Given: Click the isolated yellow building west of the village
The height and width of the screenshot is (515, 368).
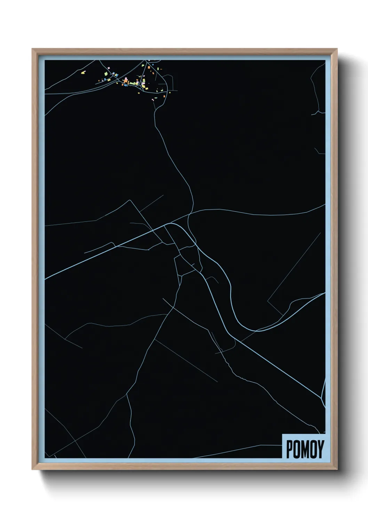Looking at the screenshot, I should (83, 73).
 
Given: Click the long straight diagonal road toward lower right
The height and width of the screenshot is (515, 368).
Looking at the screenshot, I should (278, 365).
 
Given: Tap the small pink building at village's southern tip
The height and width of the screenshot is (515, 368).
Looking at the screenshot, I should (153, 100).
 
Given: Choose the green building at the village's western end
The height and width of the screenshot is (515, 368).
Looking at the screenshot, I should (106, 73).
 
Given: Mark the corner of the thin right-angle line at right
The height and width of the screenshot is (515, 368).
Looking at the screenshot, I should (268, 301).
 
